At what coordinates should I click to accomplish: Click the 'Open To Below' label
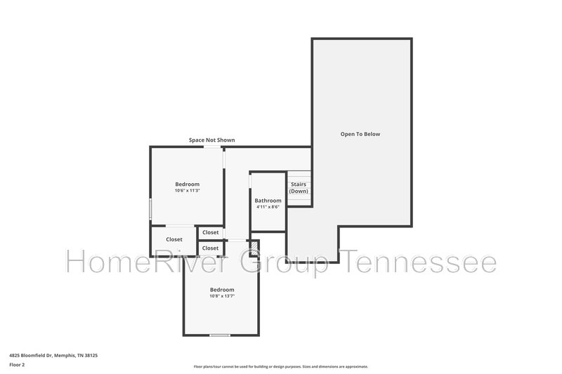[x=360, y=134]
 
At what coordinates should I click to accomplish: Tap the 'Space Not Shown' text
[x=212, y=140]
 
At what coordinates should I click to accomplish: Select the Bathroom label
[x=268, y=201]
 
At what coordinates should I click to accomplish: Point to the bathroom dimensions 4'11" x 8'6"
[x=268, y=207]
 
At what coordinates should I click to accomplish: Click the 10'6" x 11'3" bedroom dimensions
[x=187, y=191]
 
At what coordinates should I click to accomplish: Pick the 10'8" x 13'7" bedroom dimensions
[x=222, y=296]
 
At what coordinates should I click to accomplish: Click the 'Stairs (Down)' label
[x=299, y=188]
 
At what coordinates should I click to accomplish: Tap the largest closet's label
[x=174, y=239]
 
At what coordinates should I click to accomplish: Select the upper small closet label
[x=210, y=233]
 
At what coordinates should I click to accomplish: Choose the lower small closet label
[x=210, y=248]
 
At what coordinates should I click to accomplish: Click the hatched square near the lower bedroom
[x=254, y=248]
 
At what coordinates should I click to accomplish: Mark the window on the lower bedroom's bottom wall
[x=220, y=335]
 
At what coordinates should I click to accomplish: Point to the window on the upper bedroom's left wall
[x=150, y=209]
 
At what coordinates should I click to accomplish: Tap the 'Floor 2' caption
[x=17, y=365]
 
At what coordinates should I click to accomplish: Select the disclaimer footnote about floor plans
[x=280, y=366]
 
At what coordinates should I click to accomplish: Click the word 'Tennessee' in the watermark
[x=417, y=262]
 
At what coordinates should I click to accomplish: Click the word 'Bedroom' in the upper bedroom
[x=187, y=185]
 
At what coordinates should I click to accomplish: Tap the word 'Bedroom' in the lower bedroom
[x=222, y=290]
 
